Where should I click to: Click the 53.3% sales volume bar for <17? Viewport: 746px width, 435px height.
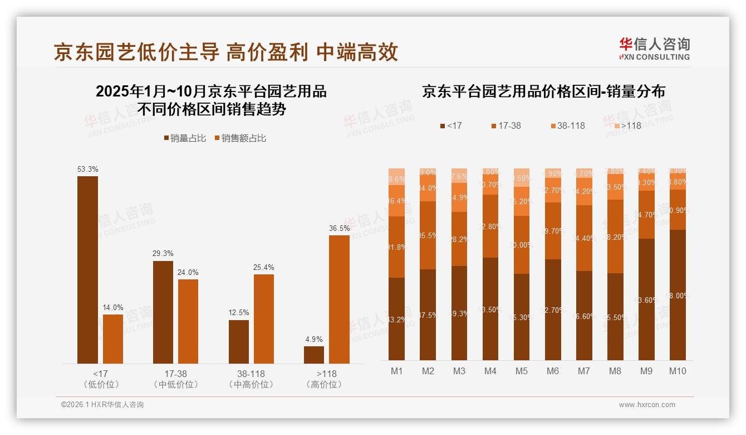(x=87, y=270)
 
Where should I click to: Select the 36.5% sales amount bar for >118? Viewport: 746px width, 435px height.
(x=339, y=299)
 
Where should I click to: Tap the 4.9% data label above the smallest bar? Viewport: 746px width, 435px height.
(x=314, y=339)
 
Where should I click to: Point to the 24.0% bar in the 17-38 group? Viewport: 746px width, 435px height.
(x=188, y=321)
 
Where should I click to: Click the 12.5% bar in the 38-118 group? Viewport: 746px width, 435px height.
(x=239, y=341)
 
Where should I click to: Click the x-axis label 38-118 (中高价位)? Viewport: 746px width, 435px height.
(x=251, y=379)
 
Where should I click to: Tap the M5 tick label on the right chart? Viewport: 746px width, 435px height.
(x=521, y=371)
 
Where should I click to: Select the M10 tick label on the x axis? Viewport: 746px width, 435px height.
(x=677, y=371)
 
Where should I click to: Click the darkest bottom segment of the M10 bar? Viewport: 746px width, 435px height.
(x=677, y=295)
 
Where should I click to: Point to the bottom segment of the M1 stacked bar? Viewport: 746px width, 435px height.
(x=396, y=319)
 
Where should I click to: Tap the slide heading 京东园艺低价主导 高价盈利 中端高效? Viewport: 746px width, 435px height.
(x=226, y=52)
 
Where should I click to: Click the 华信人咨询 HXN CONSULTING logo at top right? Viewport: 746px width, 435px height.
(x=654, y=49)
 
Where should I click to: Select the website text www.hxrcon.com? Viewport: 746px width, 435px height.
(x=647, y=405)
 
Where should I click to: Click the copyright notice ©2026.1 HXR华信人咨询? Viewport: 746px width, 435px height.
(x=102, y=405)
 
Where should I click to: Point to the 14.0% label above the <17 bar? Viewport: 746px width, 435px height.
(x=113, y=307)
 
